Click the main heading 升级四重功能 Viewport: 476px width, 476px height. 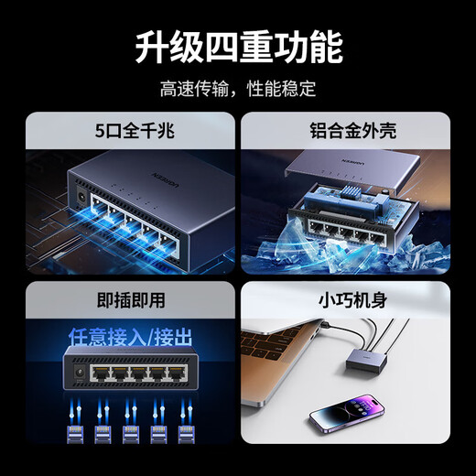(x=237, y=46)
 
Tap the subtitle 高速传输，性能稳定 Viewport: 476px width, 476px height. (x=237, y=89)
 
